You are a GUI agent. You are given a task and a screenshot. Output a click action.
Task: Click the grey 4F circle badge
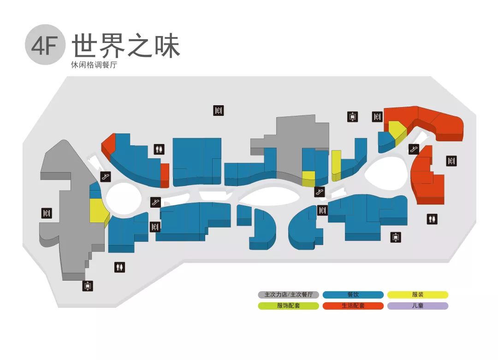click(x=45, y=45)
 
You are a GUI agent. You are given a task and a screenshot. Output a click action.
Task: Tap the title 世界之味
click(x=125, y=46)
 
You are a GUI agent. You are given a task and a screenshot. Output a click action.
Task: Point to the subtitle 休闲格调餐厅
click(x=94, y=66)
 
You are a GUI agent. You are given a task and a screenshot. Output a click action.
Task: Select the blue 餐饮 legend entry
click(x=353, y=294)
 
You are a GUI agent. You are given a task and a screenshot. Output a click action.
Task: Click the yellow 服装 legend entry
click(x=417, y=294)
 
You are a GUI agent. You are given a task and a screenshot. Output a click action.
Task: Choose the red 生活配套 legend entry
click(x=353, y=306)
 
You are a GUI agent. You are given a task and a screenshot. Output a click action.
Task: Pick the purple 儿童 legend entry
click(x=417, y=306)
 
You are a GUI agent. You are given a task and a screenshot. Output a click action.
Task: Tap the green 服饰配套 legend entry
click(x=288, y=306)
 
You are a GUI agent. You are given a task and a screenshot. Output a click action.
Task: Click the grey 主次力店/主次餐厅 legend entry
click(x=288, y=294)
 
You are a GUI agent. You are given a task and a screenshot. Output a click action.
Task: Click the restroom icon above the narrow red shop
click(x=159, y=149)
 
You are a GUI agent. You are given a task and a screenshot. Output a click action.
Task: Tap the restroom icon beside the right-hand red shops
click(x=432, y=219)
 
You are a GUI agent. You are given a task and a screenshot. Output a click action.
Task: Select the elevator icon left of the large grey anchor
click(x=47, y=213)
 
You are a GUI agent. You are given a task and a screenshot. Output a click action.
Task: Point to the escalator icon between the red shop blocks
click(x=414, y=149)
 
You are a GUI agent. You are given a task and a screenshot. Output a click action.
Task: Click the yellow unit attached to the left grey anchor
click(x=97, y=210)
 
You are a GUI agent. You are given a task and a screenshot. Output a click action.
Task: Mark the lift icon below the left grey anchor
click(x=88, y=286)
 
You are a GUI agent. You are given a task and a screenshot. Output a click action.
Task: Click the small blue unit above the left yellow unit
click(x=95, y=191)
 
